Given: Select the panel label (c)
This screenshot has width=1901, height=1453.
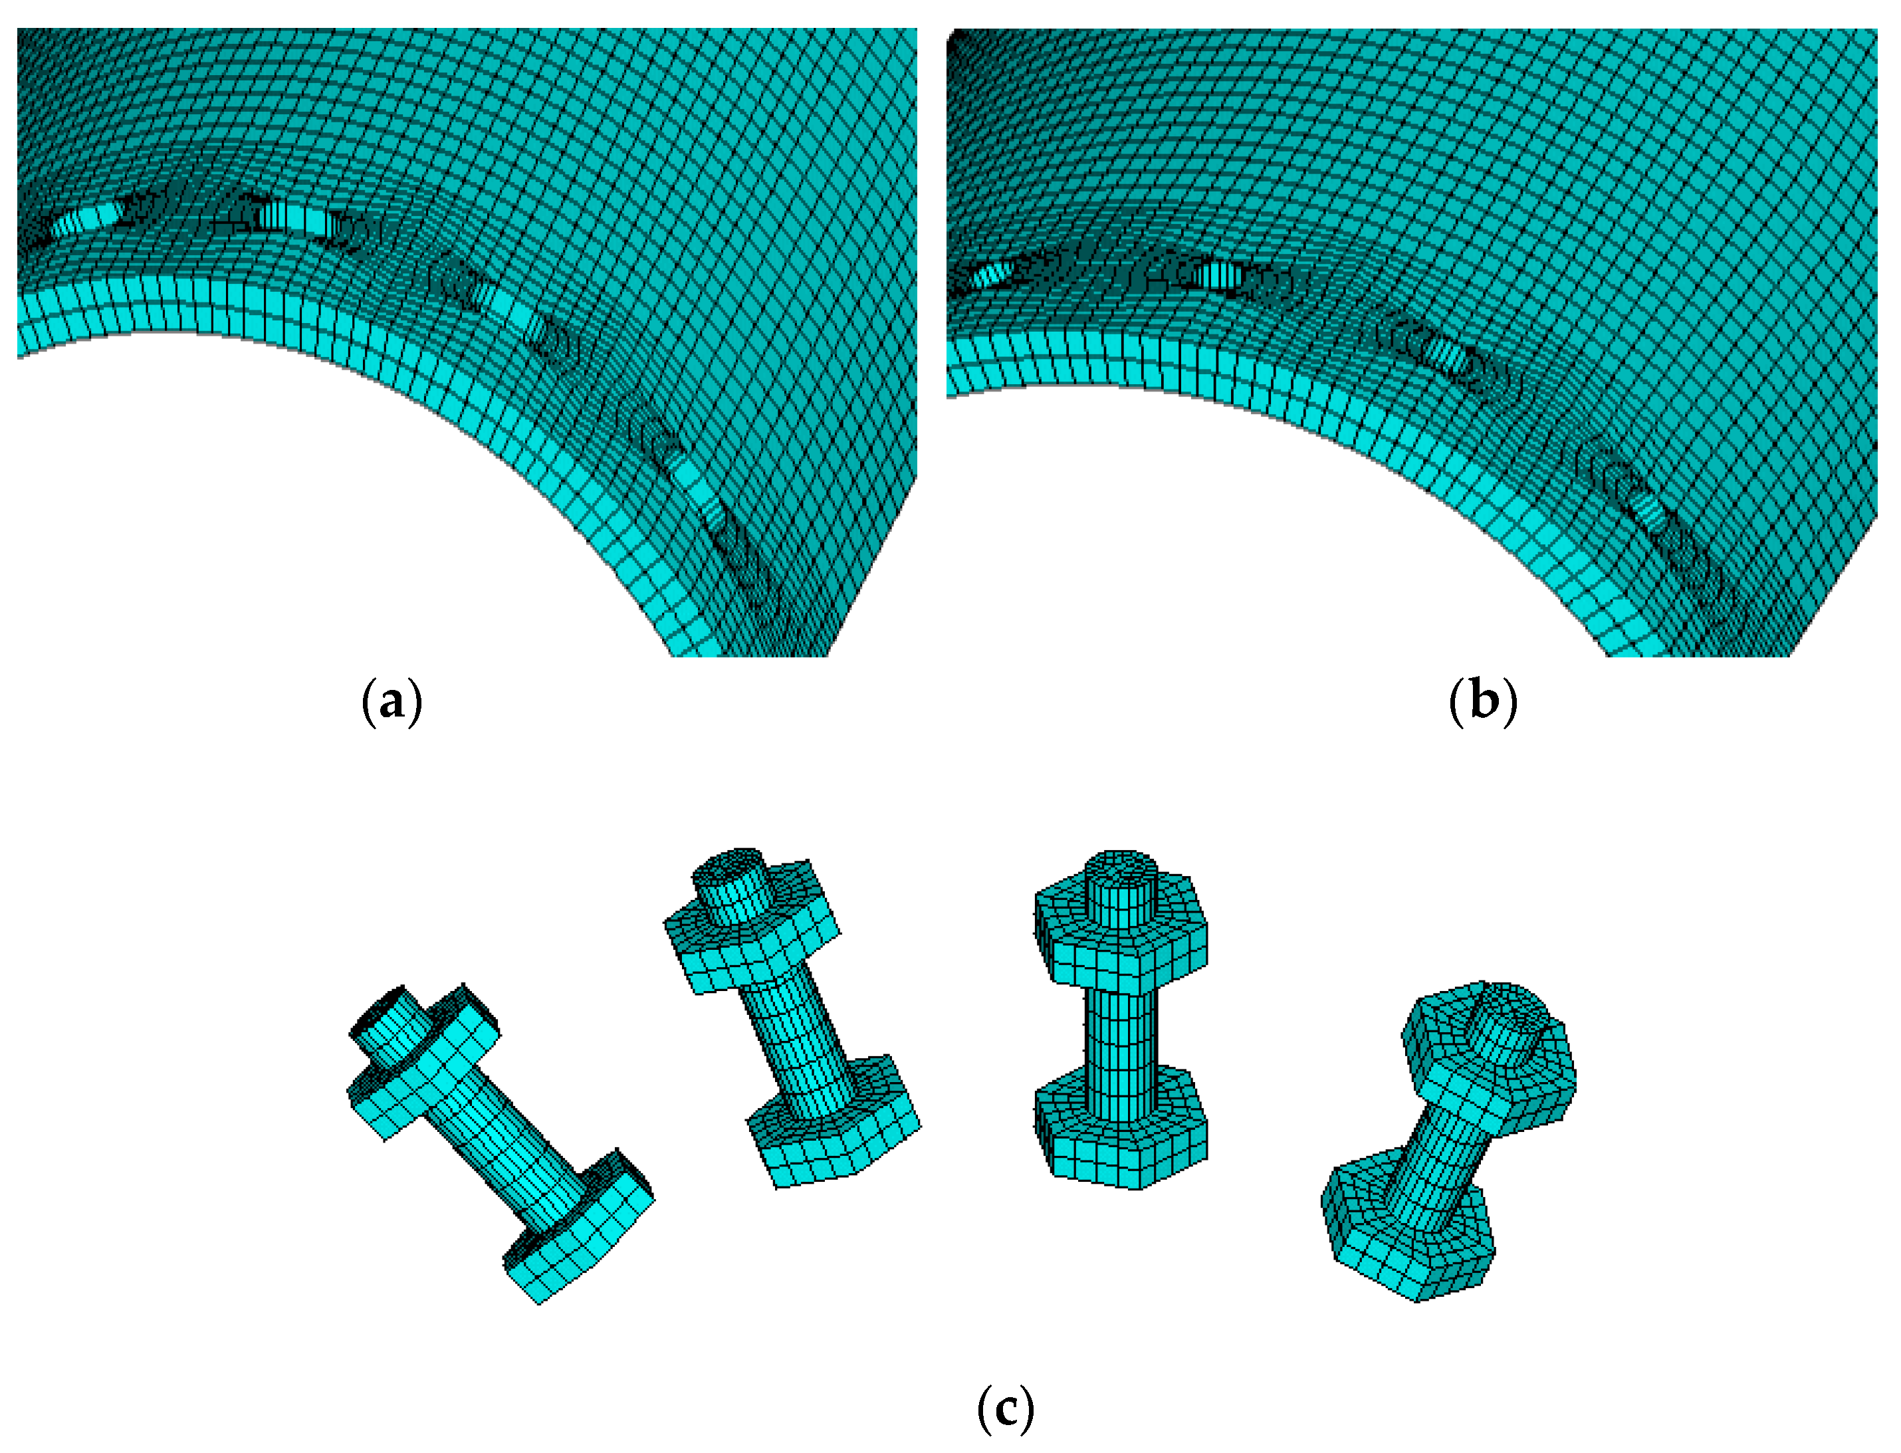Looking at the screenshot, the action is [1005, 1410].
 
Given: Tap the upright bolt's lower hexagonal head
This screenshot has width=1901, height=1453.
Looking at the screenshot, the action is [1121, 1129].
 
